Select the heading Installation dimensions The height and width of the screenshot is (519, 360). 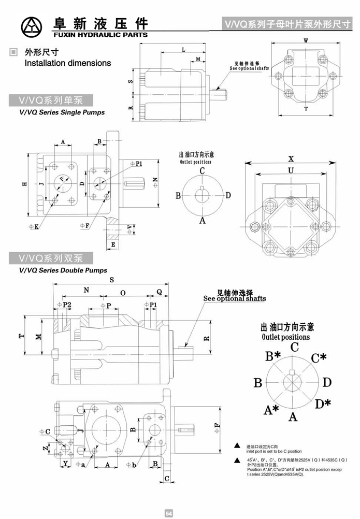[x=68, y=63]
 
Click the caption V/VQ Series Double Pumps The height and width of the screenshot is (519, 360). [x=63, y=270]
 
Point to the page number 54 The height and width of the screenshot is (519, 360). [x=168, y=513]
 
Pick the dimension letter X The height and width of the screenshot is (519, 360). [x=291, y=158]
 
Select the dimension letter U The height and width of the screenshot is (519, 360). [x=291, y=170]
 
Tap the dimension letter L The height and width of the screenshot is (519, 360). [x=184, y=50]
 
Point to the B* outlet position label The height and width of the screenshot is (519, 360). [x=273, y=356]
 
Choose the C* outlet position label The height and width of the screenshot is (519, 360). [x=318, y=357]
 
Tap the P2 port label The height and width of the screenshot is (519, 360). [x=66, y=305]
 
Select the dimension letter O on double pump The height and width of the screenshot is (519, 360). [x=123, y=293]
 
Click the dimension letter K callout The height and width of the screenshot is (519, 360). [x=36, y=226]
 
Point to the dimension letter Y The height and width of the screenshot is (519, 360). [x=65, y=462]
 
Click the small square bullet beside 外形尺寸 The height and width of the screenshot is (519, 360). [x=12, y=52]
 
